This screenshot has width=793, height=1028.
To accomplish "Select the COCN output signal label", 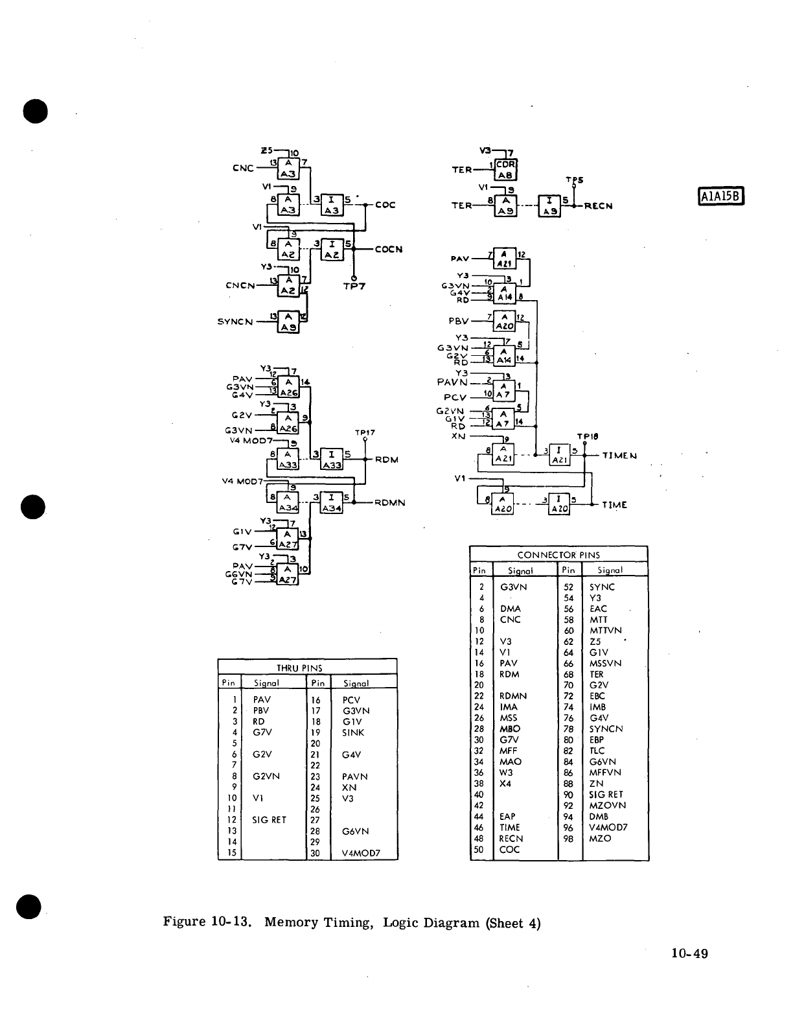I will tap(389, 249).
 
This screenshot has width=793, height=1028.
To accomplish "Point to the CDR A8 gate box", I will tap(505, 169).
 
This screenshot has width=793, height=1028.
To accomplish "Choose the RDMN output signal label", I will tap(390, 502).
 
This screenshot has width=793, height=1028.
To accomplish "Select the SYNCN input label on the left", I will tap(235, 321).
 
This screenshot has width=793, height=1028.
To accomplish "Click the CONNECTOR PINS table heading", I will tap(558, 555).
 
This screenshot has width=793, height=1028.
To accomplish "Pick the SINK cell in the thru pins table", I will tap(353, 732).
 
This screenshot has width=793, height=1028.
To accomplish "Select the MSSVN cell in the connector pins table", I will tap(605, 663).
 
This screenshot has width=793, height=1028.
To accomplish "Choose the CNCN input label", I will tap(239, 285).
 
